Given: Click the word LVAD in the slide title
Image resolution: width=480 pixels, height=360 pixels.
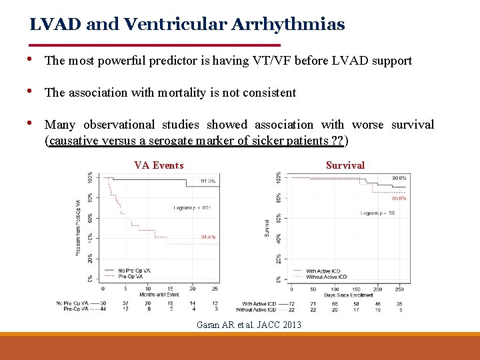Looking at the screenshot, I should click(x=52, y=25).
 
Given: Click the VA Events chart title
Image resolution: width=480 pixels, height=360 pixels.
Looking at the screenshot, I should click(x=159, y=165).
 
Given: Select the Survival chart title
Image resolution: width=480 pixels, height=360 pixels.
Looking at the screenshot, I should click(x=345, y=165).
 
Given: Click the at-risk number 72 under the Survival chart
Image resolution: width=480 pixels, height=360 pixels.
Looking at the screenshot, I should click(x=291, y=303).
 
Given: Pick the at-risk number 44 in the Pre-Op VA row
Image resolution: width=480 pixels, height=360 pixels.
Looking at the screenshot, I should click(x=103, y=309).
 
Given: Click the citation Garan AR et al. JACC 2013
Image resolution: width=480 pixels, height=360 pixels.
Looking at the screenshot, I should click(x=249, y=325).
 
